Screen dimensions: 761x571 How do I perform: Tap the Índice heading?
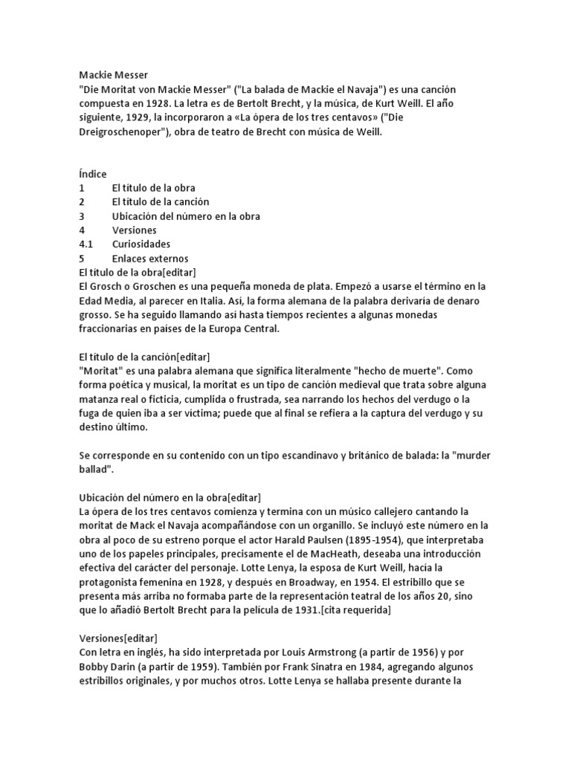click(x=93, y=174)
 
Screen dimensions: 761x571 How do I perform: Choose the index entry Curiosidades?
click(x=141, y=245)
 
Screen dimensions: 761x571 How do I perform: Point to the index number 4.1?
click(x=86, y=245)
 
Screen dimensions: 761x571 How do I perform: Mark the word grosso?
click(x=95, y=315)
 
